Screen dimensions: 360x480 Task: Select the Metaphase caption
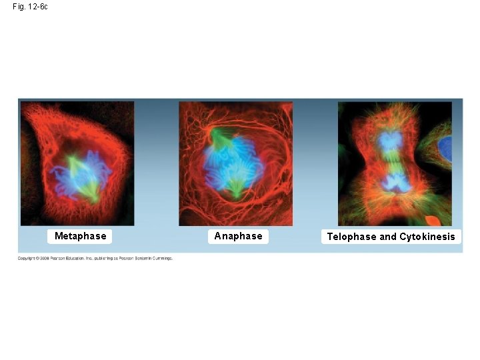coord(80,236)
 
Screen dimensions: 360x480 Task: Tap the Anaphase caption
coord(238,236)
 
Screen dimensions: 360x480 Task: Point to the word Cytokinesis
coord(427,237)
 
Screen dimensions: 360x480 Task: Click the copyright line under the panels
coord(95,258)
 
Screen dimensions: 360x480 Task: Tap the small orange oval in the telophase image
coord(433,221)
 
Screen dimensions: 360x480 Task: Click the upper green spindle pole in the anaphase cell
coord(217,137)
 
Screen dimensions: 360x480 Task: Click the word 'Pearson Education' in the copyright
coord(67,258)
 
